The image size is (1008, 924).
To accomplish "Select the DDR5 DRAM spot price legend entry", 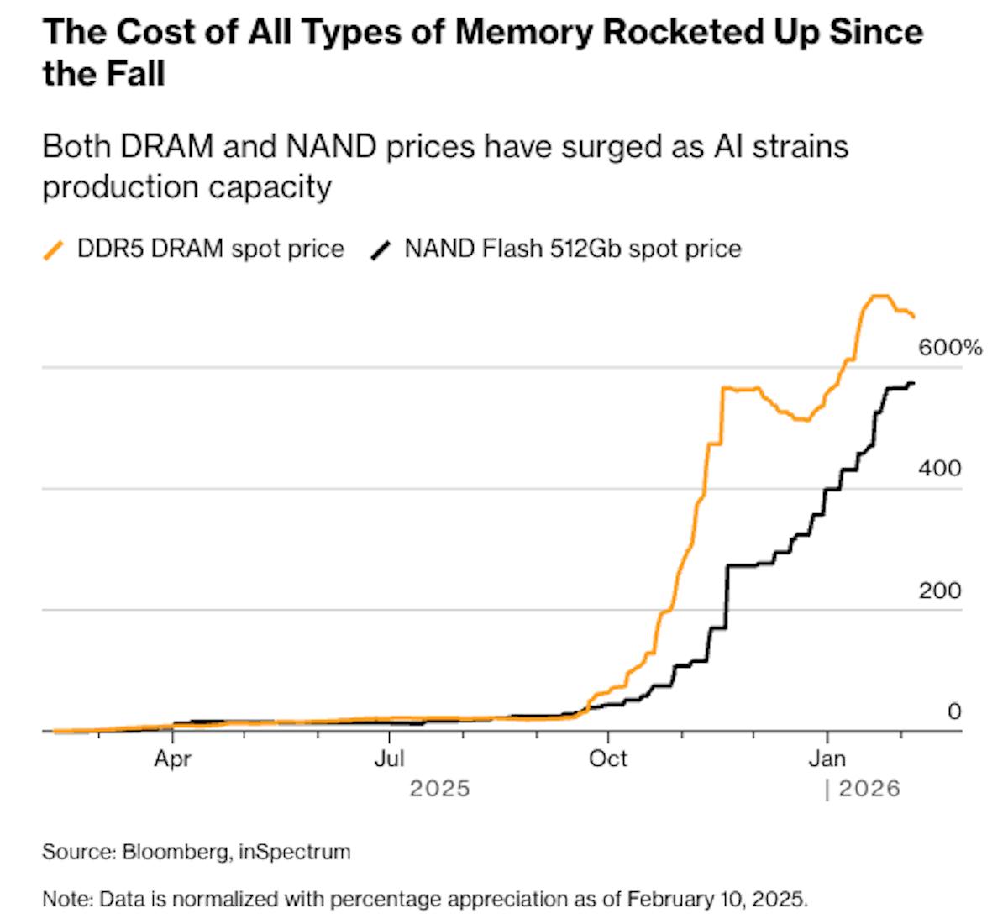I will pyautogui.click(x=210, y=249).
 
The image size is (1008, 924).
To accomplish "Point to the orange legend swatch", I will pyautogui.click(x=54, y=249).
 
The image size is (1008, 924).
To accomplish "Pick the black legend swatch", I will pyautogui.click(x=381, y=249).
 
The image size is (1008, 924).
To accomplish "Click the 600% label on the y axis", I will pyautogui.click(x=949, y=347).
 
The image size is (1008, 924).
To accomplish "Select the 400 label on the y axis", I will pyautogui.click(x=939, y=468).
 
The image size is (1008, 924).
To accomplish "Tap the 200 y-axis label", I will pyautogui.click(x=939, y=590).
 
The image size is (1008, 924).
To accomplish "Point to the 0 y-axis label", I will pyautogui.click(x=954, y=711).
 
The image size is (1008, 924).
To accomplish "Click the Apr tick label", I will pyautogui.click(x=172, y=759).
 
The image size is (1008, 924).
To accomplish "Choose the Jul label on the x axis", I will pyautogui.click(x=390, y=759).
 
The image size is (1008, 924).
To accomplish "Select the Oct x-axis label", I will pyautogui.click(x=607, y=759).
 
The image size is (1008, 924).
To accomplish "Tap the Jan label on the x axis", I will pyautogui.click(x=827, y=759).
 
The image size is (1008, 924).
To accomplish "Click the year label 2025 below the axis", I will pyautogui.click(x=439, y=789).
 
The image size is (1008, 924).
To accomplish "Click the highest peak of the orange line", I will pyautogui.click(x=877, y=296).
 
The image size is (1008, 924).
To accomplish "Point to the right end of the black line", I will pyautogui.click(x=914, y=383).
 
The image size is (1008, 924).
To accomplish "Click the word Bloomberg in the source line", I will pyautogui.click(x=177, y=852).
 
